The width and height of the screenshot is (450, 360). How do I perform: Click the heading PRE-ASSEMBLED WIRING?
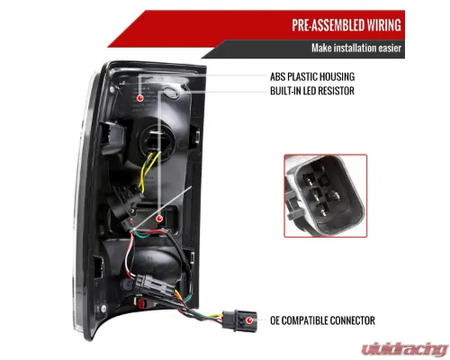(346, 25)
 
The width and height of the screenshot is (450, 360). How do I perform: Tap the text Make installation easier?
(356, 48)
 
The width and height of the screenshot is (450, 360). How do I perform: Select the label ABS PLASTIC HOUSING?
(312, 76)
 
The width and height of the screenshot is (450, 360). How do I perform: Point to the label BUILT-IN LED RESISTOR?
(312, 91)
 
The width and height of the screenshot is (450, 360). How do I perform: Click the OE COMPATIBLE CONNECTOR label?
(322, 320)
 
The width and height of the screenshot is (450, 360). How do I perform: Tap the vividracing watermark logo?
(405, 349)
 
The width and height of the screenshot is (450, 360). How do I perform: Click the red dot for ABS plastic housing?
(139, 98)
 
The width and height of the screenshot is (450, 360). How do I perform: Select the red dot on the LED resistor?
(159, 218)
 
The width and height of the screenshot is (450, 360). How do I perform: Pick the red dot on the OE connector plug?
(248, 320)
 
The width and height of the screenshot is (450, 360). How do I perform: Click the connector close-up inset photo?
(326, 196)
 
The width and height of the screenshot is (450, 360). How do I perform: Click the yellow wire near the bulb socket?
(148, 171)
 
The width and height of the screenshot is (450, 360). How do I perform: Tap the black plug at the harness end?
(239, 321)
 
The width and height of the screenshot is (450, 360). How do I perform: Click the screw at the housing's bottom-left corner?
(103, 308)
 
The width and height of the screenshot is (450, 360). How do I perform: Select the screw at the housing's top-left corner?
(112, 89)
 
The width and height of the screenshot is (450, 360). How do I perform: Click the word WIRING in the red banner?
(383, 25)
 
